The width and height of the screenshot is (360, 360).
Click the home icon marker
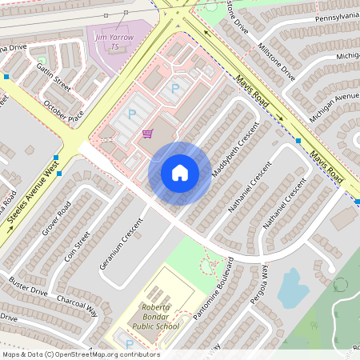pyautogui.click(x=180, y=172)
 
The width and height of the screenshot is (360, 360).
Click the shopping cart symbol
pyautogui.click(x=146, y=134)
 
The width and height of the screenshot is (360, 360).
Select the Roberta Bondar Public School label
pyautogui.click(x=161, y=317)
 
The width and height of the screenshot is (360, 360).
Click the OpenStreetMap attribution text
pyautogui.click(x=80, y=354)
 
